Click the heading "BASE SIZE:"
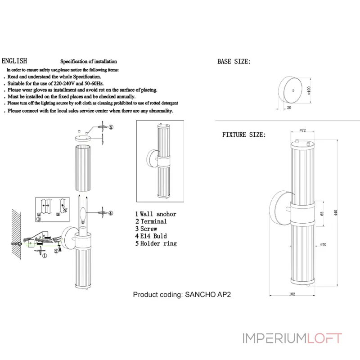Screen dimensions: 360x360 coord(234,62)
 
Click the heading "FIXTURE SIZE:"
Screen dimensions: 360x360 coord(244,135)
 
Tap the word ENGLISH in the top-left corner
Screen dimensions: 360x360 coord(14,61)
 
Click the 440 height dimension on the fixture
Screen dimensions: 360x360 coord(335,213)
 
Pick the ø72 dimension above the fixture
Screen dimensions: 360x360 coord(303,130)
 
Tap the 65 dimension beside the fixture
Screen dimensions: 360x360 coord(322,214)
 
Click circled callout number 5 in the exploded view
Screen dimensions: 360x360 coord(111,128)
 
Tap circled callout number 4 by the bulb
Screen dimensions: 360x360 coord(110,213)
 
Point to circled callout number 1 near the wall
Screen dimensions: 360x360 coord(44,256)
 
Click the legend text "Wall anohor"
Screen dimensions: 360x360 coord(157,214)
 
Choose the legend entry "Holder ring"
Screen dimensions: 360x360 coord(158,243)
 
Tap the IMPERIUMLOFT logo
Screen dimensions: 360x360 coord(292,338)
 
